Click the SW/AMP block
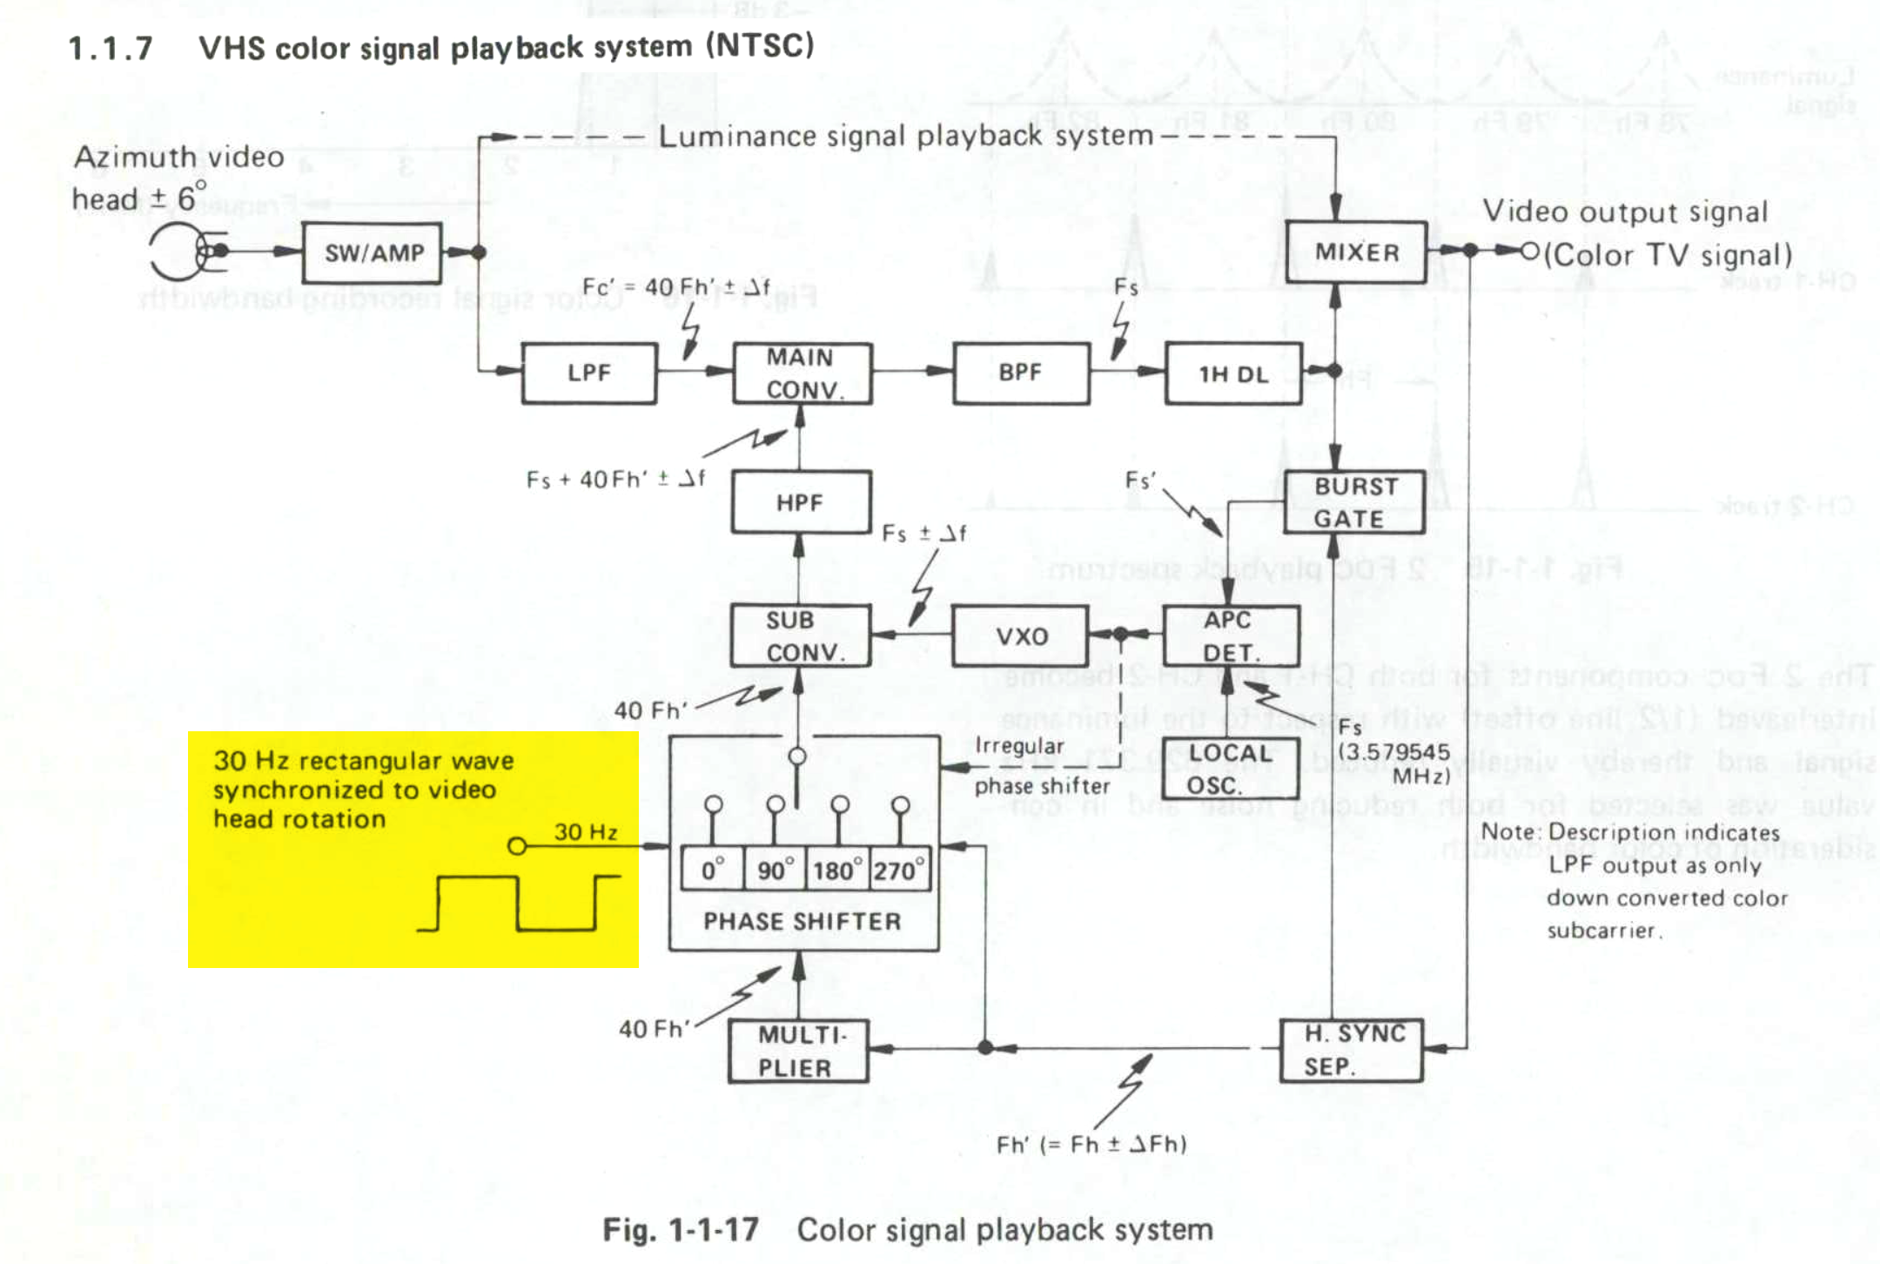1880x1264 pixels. point(373,252)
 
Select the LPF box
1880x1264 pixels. point(589,373)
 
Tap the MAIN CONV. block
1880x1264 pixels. point(802,373)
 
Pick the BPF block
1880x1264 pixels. point(1020,373)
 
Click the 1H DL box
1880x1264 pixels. point(1232,373)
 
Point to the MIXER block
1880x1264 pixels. point(1356,252)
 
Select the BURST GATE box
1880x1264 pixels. point(1354,502)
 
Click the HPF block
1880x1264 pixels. point(801,502)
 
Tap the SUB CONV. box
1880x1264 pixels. point(801,636)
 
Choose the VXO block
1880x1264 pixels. point(1020,636)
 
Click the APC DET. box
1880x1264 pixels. point(1230,636)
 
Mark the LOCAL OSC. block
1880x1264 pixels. point(1229,769)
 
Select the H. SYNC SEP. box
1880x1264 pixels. point(1351,1050)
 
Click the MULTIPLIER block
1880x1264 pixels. point(798,1051)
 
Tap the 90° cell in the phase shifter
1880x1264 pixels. point(775,870)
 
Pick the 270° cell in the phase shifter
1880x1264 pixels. point(900,870)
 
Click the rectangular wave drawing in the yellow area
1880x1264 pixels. point(519,904)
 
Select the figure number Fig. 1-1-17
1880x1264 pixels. point(680,1229)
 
